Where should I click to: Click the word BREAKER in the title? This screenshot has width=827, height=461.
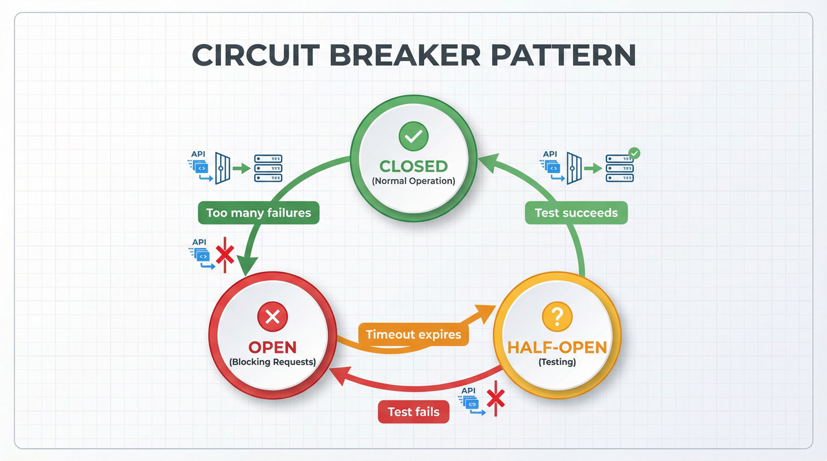click(405, 55)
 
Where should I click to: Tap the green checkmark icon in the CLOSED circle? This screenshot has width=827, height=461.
click(413, 136)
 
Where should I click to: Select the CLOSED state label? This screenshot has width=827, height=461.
click(413, 166)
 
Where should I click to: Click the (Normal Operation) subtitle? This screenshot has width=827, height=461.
click(413, 181)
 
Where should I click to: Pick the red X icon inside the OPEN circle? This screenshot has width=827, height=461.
click(272, 317)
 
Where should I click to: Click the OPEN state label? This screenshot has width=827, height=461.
click(272, 347)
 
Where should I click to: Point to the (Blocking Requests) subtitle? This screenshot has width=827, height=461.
click(272, 362)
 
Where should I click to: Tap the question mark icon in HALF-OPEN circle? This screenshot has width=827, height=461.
click(557, 317)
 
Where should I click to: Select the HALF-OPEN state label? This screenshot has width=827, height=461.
click(557, 347)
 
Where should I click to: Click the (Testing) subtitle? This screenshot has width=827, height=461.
click(557, 362)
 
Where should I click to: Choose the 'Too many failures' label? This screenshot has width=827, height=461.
click(258, 213)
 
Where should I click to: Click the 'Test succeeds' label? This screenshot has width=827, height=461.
click(576, 213)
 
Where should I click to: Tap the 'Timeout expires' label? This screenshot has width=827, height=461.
click(413, 335)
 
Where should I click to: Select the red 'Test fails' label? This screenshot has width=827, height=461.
click(413, 412)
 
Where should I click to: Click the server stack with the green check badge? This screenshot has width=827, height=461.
click(620, 168)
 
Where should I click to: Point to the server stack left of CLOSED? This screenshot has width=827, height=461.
click(268, 168)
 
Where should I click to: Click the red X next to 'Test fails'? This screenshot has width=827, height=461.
click(495, 399)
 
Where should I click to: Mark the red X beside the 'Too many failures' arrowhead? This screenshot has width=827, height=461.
click(225, 254)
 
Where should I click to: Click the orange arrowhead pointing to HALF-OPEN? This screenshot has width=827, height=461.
click(486, 314)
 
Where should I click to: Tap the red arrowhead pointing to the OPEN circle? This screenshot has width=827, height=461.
click(339, 374)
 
